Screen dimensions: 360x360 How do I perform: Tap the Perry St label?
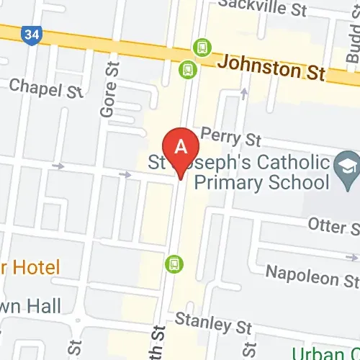coord(231,135)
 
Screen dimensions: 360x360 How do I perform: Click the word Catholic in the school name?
coord(289,162)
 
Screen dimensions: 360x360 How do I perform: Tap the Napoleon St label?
coord(311,273)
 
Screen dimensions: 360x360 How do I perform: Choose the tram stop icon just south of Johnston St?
coord(188,68)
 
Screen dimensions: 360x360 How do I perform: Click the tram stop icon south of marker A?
coord(173,264)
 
